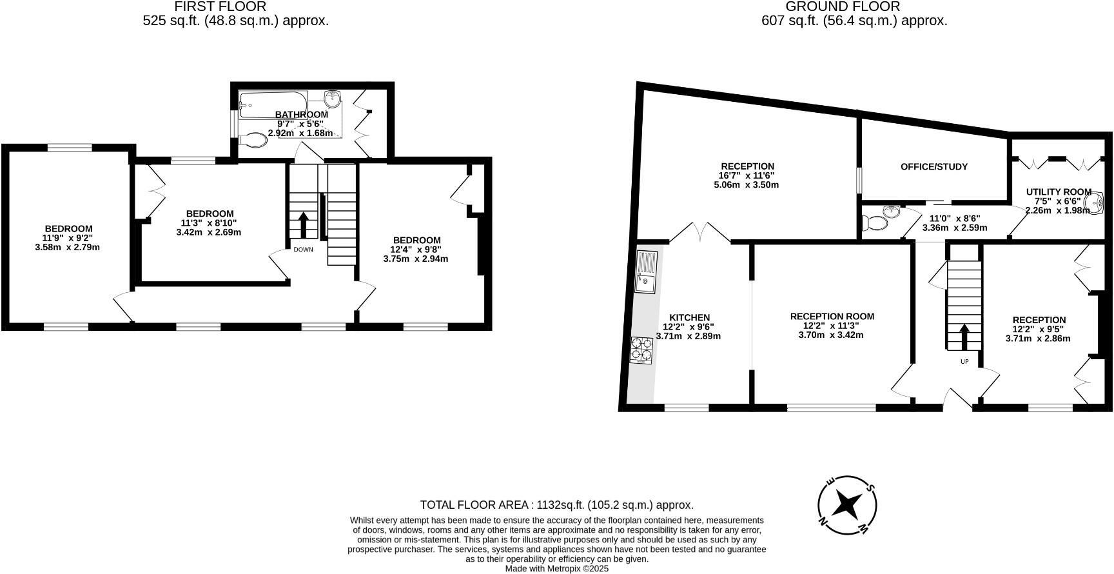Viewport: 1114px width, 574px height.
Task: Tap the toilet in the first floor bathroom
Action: [x=254, y=140]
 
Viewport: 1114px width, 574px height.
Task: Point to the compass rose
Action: [x=847, y=505]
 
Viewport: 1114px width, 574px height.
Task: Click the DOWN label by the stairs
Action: [x=303, y=250]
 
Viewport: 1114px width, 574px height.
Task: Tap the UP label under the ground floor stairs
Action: [x=964, y=362]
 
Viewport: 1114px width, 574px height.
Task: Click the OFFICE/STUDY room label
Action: [x=933, y=167]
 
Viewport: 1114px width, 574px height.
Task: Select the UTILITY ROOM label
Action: [x=1059, y=192]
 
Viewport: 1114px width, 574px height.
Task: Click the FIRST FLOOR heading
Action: [x=220, y=7]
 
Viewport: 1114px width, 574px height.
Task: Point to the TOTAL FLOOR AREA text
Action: [x=556, y=505]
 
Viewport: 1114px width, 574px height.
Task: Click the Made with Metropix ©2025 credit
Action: [x=556, y=569]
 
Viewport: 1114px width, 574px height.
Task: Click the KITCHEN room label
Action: [x=689, y=317]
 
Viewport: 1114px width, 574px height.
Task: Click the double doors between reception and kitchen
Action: [x=700, y=233]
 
